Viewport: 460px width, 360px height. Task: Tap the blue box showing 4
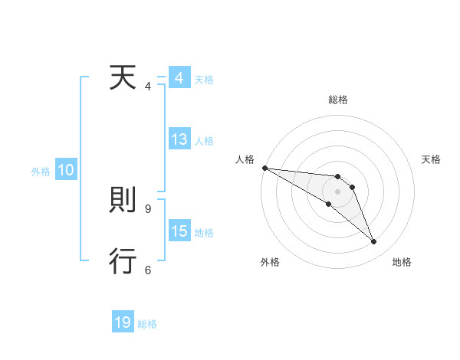179,79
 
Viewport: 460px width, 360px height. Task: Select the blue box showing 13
179,140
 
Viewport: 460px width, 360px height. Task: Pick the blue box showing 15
179,232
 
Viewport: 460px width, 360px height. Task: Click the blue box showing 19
123,322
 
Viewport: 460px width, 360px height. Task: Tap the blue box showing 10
65,171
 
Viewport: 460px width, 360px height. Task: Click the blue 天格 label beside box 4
204,80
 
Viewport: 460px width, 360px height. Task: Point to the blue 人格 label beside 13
204,141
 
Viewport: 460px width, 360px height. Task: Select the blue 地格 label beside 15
204,233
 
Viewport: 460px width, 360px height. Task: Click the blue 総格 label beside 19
147,324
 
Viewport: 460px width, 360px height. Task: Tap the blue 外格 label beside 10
41,172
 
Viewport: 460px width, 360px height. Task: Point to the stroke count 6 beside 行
148,270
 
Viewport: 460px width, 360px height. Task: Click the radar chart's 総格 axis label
337,100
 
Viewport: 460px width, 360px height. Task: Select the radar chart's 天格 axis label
431,159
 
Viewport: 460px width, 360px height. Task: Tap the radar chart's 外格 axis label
270,263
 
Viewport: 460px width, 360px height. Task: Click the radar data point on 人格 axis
264,168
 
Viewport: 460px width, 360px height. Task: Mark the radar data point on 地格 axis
374,242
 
